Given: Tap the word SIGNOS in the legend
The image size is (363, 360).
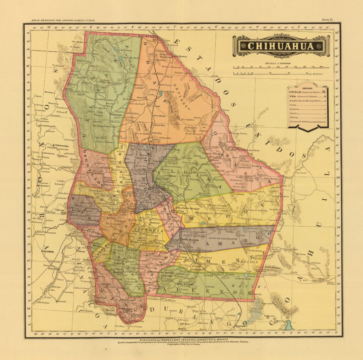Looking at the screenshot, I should (307, 87).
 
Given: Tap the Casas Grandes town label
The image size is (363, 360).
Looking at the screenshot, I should (104, 100).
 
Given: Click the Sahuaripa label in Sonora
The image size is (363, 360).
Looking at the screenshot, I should (62, 145).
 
